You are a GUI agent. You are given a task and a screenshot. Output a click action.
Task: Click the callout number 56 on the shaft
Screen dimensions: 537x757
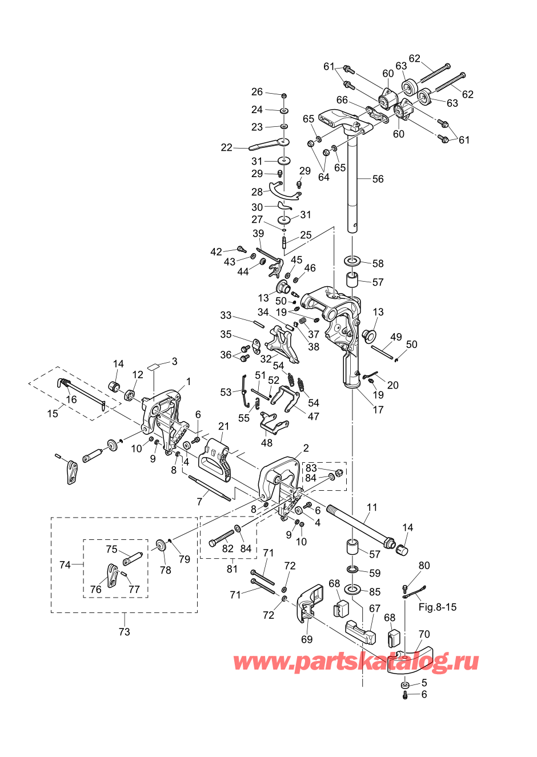click(x=378, y=179)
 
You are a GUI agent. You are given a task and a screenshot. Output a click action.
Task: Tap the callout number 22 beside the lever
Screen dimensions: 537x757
click(x=226, y=147)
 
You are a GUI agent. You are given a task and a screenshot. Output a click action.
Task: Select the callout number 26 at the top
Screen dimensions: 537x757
click(x=257, y=91)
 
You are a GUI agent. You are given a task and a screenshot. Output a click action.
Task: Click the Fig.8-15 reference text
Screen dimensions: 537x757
click(x=437, y=607)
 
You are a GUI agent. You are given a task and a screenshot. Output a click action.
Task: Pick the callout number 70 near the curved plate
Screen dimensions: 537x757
click(x=424, y=634)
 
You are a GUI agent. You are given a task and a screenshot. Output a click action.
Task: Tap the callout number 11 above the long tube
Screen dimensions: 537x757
click(x=371, y=507)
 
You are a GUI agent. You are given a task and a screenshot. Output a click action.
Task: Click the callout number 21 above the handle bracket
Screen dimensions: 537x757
click(x=224, y=426)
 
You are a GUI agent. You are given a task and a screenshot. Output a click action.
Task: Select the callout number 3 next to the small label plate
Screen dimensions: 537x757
click(x=174, y=361)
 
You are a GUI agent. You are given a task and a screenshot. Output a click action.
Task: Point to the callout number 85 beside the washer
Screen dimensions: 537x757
click(x=375, y=592)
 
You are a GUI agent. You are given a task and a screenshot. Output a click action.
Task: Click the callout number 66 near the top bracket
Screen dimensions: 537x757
click(x=342, y=100)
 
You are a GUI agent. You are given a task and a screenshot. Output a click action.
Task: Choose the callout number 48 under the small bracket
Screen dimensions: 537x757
click(x=266, y=442)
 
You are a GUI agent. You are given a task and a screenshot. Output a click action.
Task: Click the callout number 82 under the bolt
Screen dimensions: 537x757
click(x=228, y=548)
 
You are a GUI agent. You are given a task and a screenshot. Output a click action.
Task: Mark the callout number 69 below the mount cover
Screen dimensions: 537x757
click(x=307, y=639)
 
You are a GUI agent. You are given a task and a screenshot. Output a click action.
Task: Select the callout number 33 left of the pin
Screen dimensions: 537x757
click(x=226, y=315)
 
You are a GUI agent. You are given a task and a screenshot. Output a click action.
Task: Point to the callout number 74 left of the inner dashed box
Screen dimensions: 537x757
click(x=65, y=564)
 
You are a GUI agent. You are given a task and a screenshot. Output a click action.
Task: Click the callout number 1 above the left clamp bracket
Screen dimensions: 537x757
click(x=189, y=382)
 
